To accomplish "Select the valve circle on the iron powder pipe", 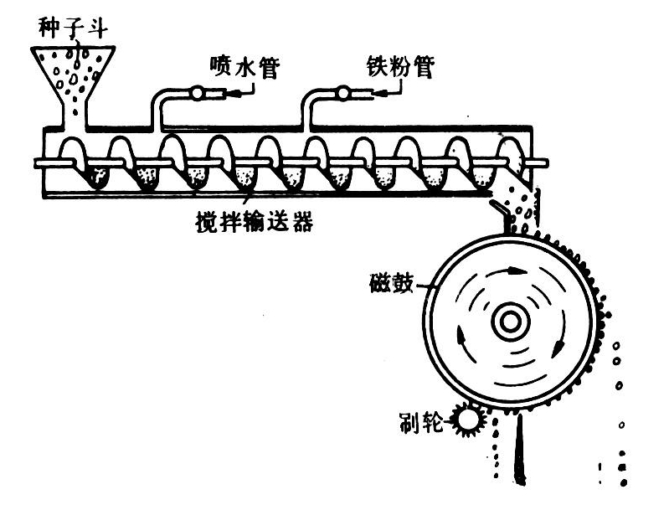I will pyautogui.click(x=343, y=93).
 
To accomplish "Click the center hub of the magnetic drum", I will pyautogui.click(x=510, y=322).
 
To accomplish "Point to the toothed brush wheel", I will pyautogui.click(x=466, y=416).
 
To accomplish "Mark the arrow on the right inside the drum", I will pyautogui.click(x=558, y=343).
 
